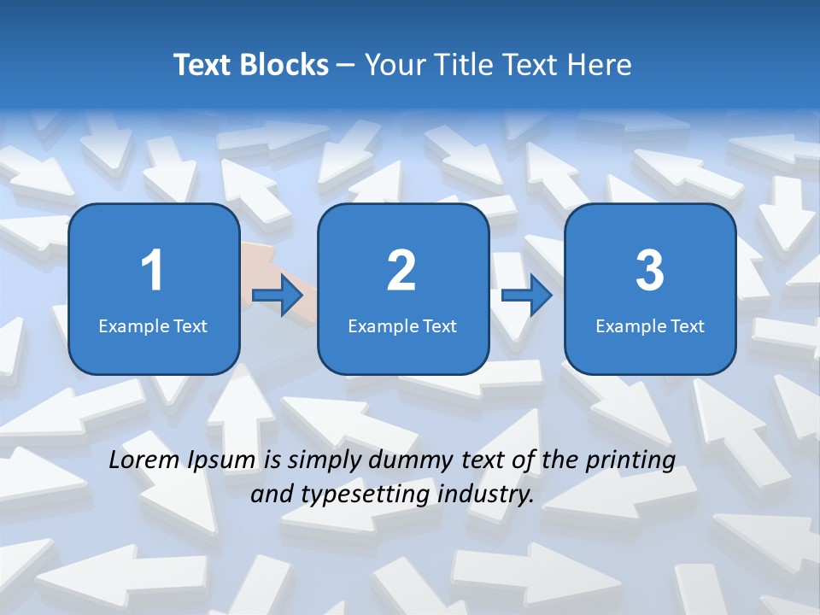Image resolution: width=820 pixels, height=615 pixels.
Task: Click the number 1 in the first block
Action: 152,271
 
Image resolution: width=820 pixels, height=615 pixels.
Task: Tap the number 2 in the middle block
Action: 401,271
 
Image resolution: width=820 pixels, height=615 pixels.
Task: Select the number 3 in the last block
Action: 650,271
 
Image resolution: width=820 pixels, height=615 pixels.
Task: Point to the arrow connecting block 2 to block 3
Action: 527,296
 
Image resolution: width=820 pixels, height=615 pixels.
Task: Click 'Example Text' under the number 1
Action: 153,325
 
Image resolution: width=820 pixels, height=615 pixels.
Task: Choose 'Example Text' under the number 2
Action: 402,325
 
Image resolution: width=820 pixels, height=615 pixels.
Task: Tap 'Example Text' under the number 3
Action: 650,325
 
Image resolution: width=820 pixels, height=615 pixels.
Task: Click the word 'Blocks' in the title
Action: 285,65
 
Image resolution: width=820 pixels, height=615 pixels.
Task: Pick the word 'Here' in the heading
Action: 601,65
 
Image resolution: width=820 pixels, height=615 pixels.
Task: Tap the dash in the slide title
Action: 346,66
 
